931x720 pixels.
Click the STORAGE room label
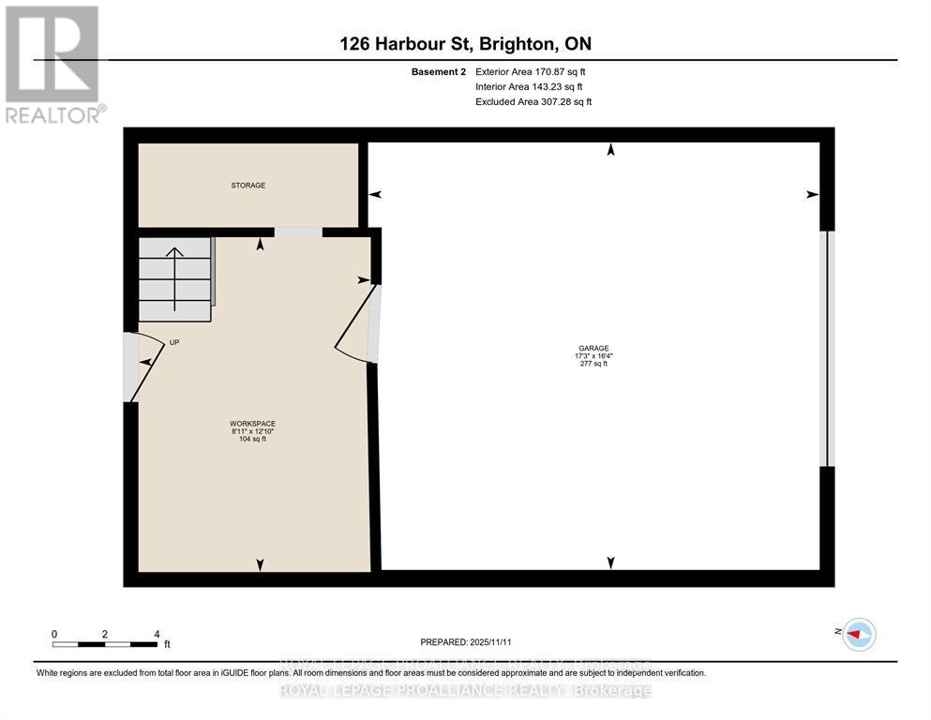click(x=248, y=186)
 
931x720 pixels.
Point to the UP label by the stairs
click(x=174, y=343)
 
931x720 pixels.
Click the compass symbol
click(x=858, y=635)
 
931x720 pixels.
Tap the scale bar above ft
click(x=105, y=644)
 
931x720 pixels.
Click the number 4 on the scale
click(x=157, y=634)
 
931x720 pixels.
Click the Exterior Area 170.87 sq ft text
click(x=531, y=71)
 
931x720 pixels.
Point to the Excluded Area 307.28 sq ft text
click(x=533, y=101)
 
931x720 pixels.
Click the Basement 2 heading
click(x=438, y=71)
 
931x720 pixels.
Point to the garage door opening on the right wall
click(x=825, y=349)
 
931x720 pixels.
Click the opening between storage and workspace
click(x=297, y=232)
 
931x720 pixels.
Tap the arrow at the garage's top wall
click(x=611, y=150)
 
